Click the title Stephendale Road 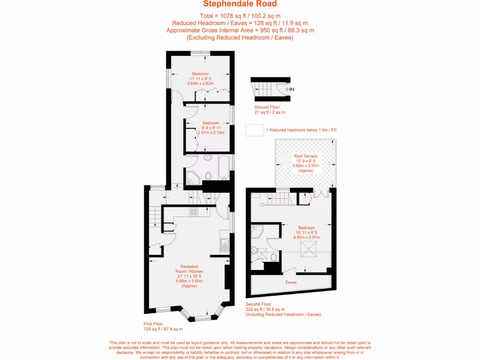point(240,4)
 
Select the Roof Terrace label point(306,156)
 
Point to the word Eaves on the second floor point(291,283)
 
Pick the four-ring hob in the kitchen point(194,212)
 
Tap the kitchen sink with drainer point(224,245)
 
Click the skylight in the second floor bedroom point(307,248)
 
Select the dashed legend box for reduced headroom point(255,130)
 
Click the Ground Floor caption point(267,107)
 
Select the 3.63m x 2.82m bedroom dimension point(200,83)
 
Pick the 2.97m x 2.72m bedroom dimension point(211,133)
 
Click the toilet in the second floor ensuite point(273,257)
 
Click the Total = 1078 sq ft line point(240,15)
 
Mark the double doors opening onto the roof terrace point(322,193)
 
